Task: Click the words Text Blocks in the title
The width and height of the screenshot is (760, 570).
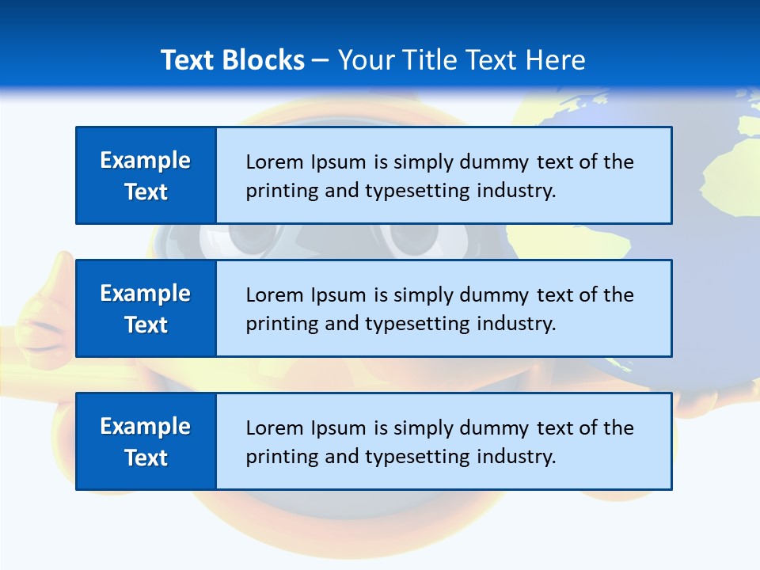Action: coord(233,60)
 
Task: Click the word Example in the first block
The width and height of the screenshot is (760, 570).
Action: coord(146,161)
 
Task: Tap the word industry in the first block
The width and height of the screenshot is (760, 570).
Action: coord(514,192)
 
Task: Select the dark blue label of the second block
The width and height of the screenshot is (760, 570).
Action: coord(146,308)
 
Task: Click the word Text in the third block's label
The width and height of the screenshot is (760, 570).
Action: coord(146,458)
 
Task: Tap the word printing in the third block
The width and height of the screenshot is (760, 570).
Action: coord(275,458)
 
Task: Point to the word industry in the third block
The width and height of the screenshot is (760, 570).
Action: coord(514,458)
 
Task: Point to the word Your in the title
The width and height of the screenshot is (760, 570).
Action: coord(365,60)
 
